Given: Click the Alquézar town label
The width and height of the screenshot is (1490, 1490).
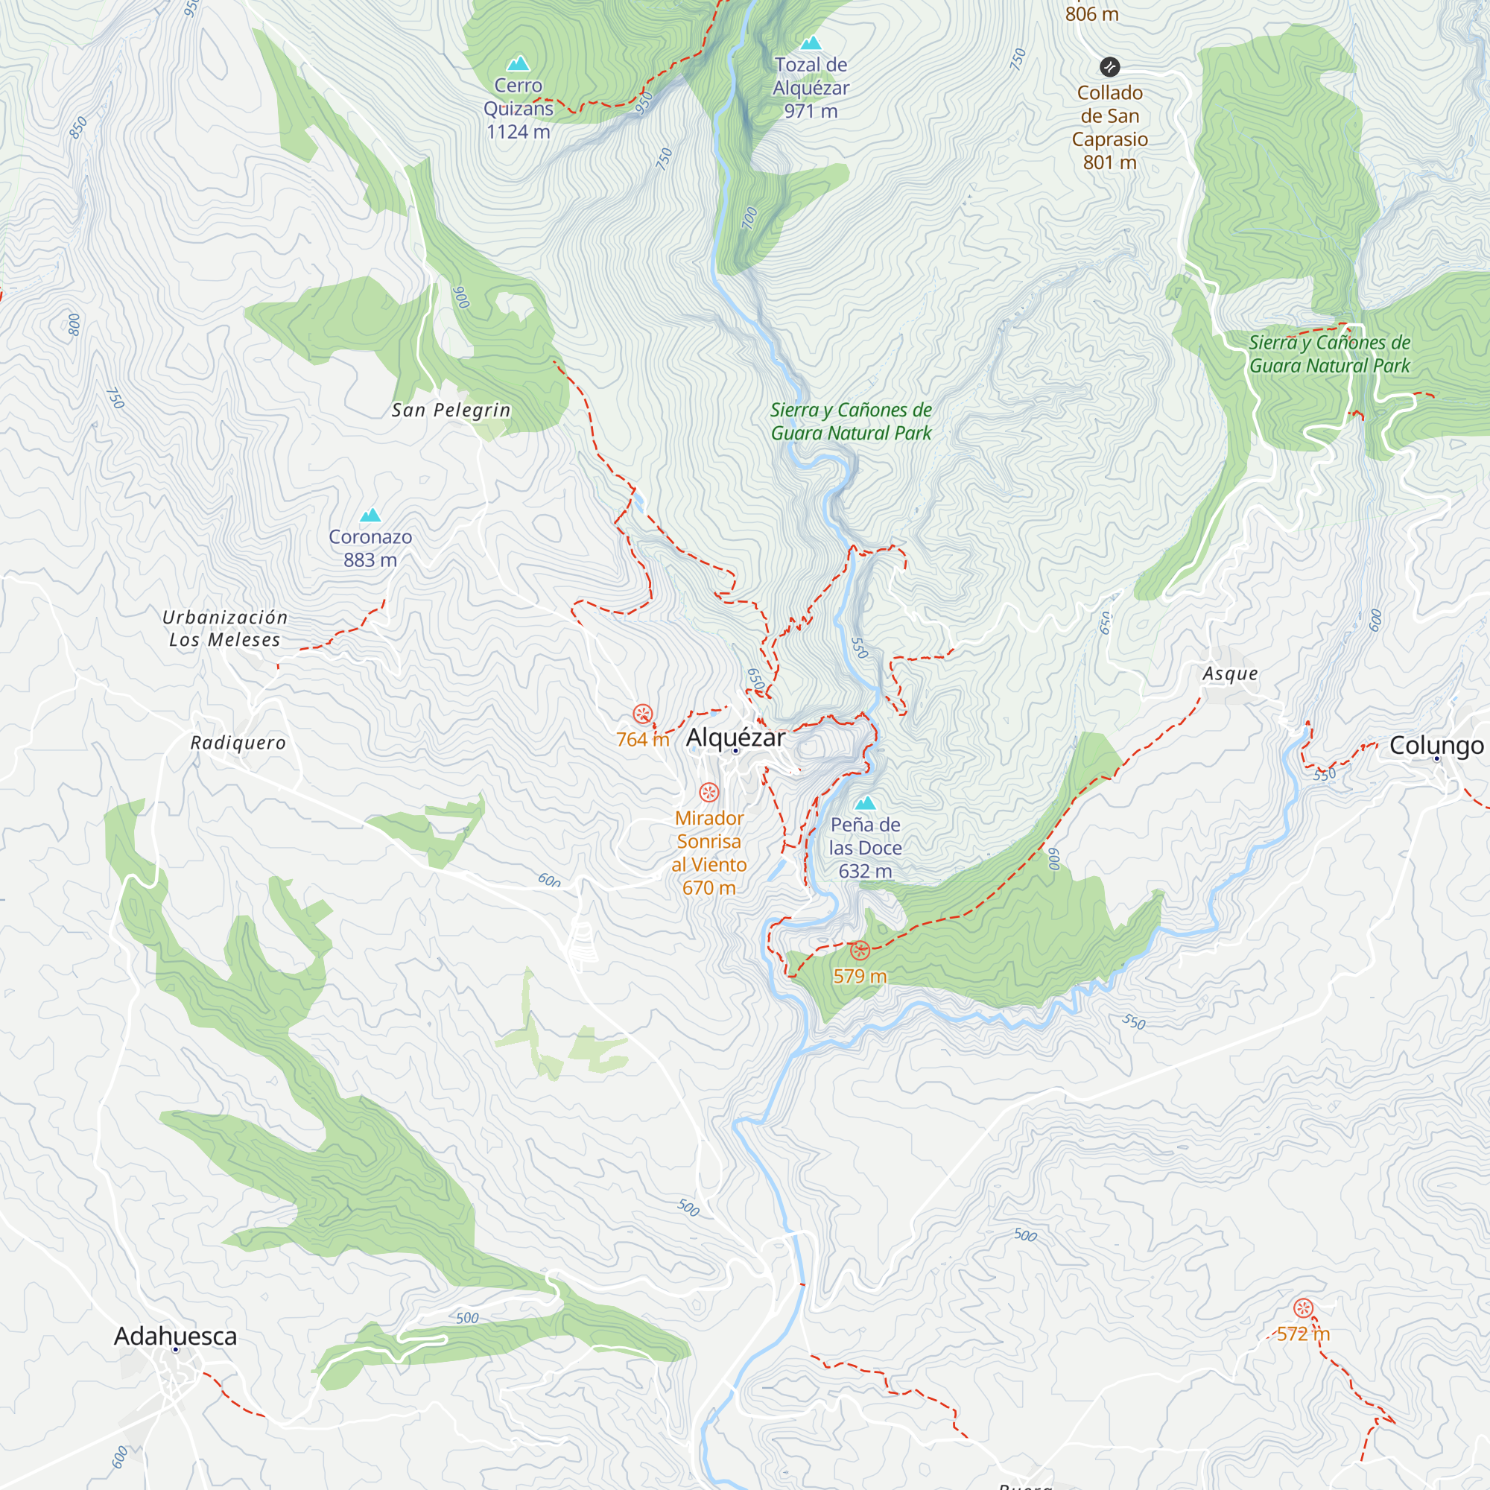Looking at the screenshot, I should (736, 738).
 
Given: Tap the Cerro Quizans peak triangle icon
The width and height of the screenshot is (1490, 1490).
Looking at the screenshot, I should (519, 63).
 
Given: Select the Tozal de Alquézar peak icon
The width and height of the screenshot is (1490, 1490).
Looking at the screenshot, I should (811, 43).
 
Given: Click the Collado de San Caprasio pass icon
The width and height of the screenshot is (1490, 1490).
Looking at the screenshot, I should (1109, 67).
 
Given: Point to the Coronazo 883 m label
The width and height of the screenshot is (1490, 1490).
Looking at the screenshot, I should (370, 548).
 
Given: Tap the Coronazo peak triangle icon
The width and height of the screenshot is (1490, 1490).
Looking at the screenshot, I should (370, 516).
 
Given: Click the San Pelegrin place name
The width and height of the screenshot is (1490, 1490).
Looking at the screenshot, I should (451, 410).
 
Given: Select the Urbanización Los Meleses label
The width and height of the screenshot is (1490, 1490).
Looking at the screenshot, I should (224, 629).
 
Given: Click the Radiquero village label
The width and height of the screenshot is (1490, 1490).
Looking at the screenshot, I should (238, 743).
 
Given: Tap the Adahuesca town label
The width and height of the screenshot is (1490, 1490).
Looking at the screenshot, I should (175, 1336).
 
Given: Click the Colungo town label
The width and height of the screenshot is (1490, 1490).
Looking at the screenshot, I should (1436, 745).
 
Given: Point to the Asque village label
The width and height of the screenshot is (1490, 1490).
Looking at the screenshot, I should (1230, 674).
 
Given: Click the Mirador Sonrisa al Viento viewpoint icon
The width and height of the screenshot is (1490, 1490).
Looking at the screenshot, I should (708, 792).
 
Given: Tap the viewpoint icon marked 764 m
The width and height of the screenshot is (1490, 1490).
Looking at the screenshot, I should (642, 714).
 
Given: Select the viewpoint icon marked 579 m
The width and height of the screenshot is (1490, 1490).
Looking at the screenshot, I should (860, 950).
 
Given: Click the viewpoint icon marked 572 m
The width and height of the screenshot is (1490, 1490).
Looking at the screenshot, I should (1303, 1308).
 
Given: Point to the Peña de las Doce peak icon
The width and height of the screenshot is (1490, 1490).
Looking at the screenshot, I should (865, 803).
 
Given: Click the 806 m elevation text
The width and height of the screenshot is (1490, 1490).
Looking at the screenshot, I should (1091, 14).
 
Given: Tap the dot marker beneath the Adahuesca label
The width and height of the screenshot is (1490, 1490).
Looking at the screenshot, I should (176, 1350).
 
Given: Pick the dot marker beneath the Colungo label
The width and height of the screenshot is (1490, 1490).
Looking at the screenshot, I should (1437, 759).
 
